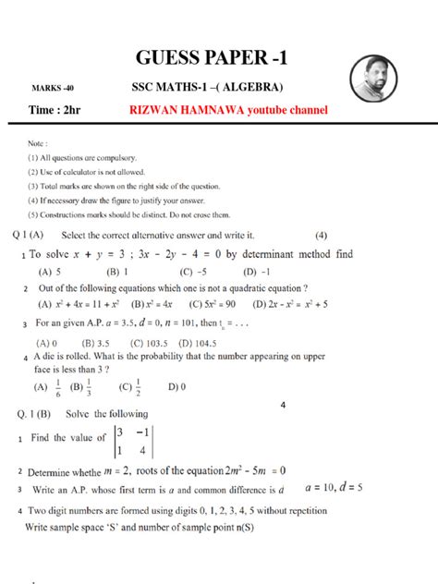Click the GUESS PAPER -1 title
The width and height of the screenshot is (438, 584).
218,58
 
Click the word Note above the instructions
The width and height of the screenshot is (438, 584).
38,143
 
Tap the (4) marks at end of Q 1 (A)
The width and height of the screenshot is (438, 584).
321,235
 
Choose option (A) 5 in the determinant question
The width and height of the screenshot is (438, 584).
50,273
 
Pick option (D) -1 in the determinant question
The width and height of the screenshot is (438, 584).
257,273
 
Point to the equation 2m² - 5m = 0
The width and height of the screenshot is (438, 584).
268,469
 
